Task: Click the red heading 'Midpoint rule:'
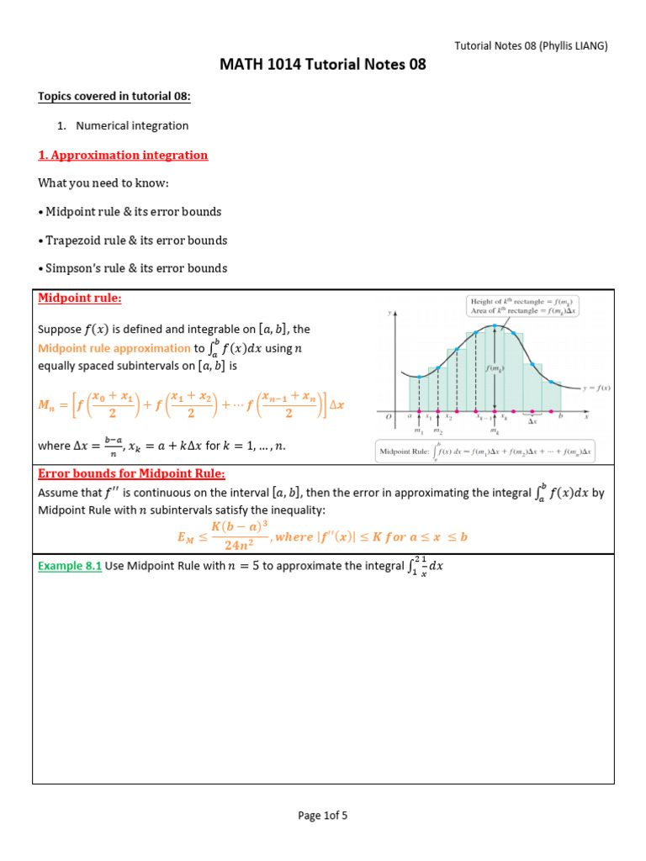[x=80, y=298]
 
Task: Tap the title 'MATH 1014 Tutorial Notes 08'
[x=323, y=65]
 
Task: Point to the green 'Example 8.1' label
[x=70, y=566]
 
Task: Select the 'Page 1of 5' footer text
[x=323, y=815]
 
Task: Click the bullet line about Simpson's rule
[x=132, y=268]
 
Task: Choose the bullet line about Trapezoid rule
[x=132, y=240]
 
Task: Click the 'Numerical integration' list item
[x=132, y=125]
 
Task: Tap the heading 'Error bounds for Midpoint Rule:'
[x=131, y=474]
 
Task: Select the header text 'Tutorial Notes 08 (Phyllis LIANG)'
[x=531, y=45]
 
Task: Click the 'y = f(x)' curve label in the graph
[x=597, y=387]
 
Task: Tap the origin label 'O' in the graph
[x=389, y=416]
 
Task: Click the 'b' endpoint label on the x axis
[x=559, y=416]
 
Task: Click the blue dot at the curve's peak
[x=497, y=325]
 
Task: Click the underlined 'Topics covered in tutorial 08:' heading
[x=114, y=97]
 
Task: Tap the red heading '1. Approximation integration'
[x=123, y=155]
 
